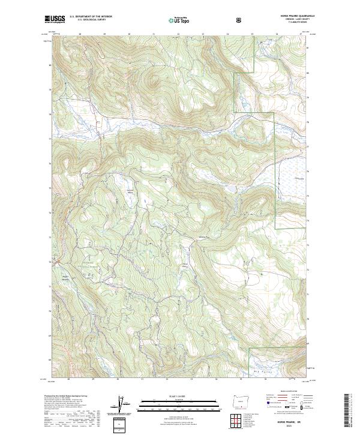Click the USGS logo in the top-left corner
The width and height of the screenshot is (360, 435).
coord(55,20)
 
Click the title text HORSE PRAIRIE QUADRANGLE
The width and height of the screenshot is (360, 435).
coord(291,16)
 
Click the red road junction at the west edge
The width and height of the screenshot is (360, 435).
coord(55,262)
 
